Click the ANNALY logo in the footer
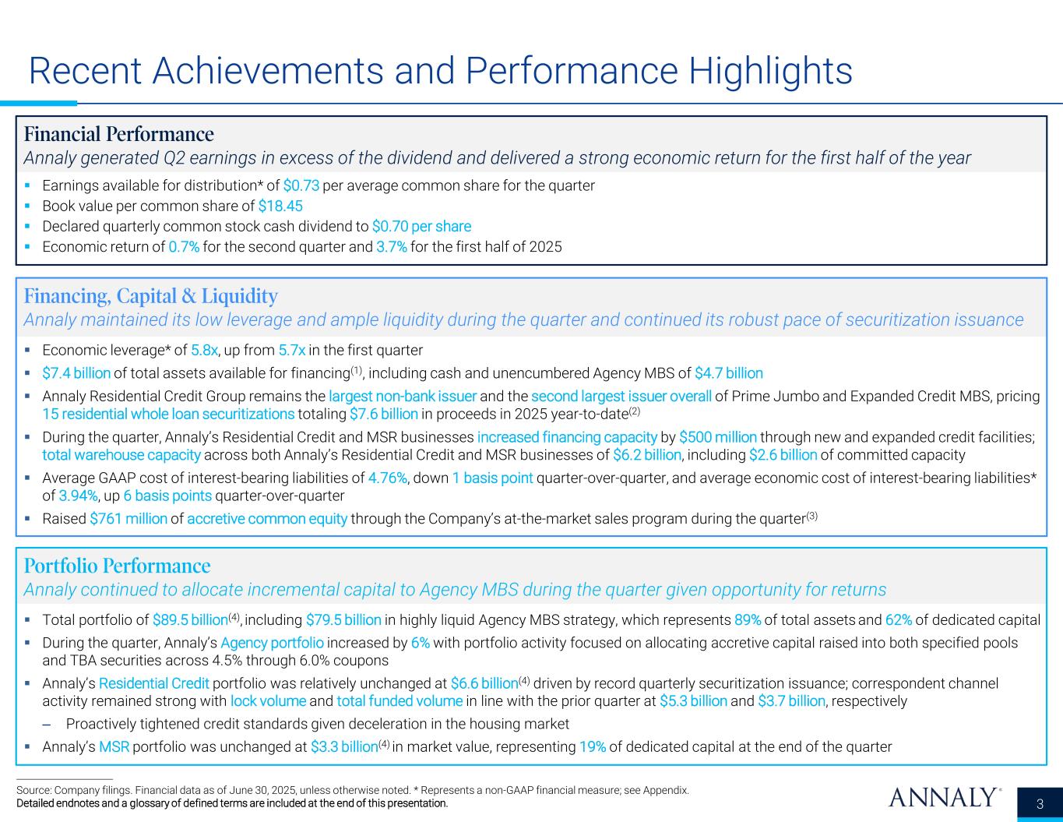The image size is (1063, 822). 943,798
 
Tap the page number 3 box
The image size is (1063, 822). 1039,804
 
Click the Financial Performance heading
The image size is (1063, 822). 118,134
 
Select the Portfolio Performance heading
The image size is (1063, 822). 117,565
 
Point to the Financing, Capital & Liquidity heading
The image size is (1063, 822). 150,296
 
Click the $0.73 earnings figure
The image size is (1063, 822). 301,185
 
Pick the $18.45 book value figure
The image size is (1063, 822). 280,206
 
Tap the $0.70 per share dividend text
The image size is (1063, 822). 421,226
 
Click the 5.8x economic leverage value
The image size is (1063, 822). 205,350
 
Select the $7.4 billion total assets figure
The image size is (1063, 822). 76,372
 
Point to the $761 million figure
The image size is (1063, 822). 128,519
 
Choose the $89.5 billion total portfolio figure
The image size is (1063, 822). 190,620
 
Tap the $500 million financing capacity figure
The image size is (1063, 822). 715,437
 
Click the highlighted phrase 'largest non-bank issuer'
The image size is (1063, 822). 403,396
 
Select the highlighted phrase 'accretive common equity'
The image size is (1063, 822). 267,519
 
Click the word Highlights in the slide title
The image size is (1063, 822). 769,71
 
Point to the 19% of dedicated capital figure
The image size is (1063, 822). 593,747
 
